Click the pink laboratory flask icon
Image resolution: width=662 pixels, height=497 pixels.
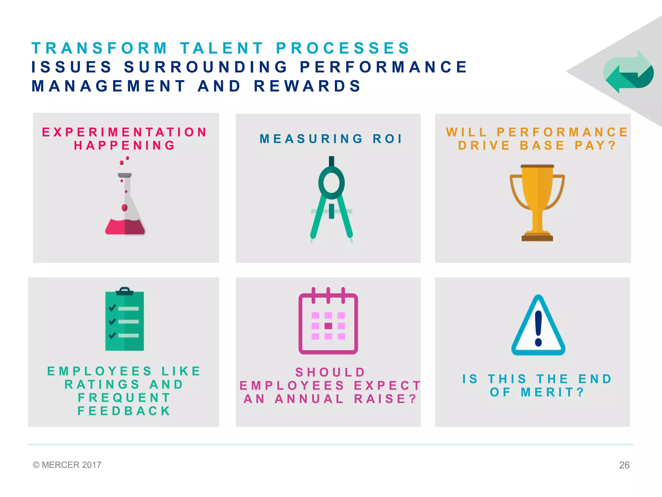click(x=125, y=207)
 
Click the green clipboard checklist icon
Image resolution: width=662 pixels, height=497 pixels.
click(x=124, y=320)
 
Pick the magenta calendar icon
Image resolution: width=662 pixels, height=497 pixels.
click(x=328, y=322)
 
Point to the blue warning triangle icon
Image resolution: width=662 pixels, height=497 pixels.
click(x=538, y=327)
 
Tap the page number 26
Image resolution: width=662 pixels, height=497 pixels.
click(x=624, y=465)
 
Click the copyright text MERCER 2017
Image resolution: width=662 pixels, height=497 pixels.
click(x=67, y=465)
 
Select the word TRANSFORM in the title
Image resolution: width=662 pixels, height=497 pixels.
click(x=100, y=48)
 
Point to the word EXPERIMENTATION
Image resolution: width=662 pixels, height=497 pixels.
click(x=125, y=132)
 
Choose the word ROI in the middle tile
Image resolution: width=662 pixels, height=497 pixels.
click(x=387, y=139)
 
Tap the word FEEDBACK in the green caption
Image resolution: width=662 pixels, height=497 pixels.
click(x=124, y=411)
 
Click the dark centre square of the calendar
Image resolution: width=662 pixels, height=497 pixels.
click(x=328, y=326)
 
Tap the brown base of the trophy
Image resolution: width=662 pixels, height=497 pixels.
click(x=537, y=238)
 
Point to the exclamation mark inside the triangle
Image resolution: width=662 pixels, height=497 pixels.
click(x=538, y=328)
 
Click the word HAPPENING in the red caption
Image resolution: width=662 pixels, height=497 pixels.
click(x=125, y=146)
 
